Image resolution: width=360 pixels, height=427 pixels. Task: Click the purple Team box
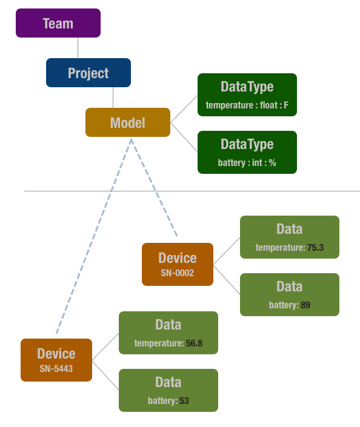point(58,23)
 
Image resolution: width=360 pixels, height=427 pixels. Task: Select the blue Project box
point(88,73)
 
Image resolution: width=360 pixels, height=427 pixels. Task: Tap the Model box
point(128,122)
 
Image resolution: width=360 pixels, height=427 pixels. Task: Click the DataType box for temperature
point(247,94)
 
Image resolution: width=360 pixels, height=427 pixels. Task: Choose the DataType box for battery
point(247,152)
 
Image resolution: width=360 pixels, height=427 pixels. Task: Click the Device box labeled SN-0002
point(178,264)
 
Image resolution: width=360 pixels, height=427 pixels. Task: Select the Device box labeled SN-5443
point(56,360)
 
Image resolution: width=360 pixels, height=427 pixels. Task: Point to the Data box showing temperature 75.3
point(290,237)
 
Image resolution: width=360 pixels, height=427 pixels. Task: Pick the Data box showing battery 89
point(290,294)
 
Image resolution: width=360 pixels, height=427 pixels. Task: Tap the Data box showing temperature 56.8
point(168,333)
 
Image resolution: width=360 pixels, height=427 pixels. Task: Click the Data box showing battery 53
point(168,390)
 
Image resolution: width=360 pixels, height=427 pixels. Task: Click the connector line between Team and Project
point(78,48)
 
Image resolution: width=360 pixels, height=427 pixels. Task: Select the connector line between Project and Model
point(113,98)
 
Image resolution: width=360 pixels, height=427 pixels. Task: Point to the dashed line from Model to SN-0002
point(155,188)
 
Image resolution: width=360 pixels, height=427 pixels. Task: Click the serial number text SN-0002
point(178,273)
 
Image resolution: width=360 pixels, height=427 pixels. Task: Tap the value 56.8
point(194,343)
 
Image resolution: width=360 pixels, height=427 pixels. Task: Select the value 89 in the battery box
point(305,305)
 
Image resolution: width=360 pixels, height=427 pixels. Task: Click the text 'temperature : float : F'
point(247,105)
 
